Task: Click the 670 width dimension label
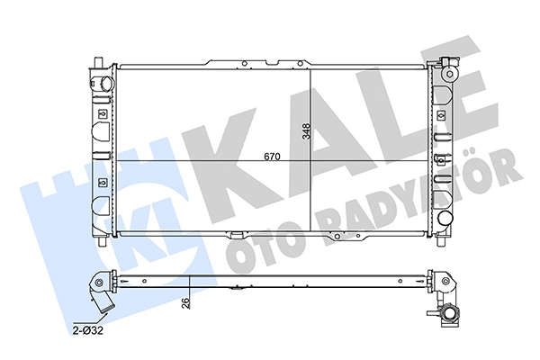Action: pyautogui.click(x=272, y=157)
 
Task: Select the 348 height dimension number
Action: pyautogui.click(x=306, y=131)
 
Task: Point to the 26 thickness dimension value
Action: pyautogui.click(x=185, y=303)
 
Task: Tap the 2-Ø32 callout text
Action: pyautogui.click(x=88, y=331)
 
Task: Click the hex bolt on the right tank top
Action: pyautogui.click(x=449, y=74)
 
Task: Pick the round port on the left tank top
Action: pyautogui.click(x=106, y=83)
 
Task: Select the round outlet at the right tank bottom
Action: pyautogui.click(x=445, y=219)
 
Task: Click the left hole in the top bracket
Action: pyautogui.click(x=244, y=63)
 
